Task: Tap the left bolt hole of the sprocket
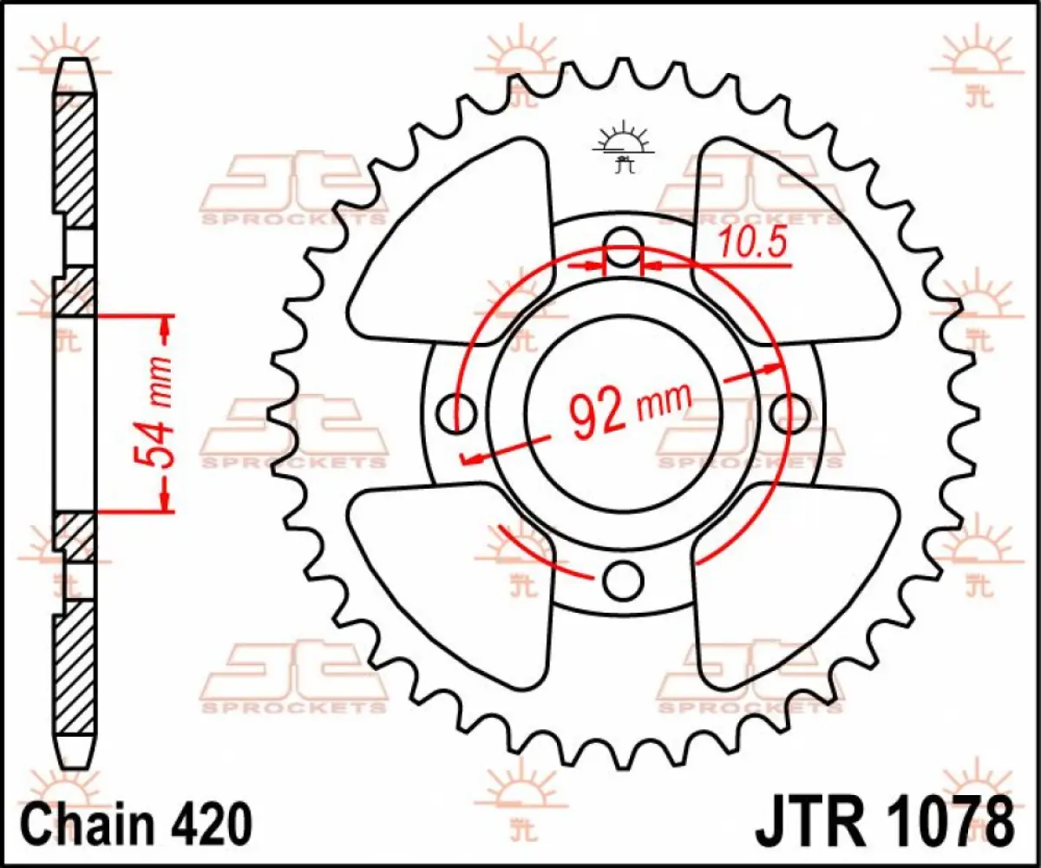(457, 413)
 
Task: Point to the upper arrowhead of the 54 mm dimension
(165, 326)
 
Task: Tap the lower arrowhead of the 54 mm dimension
(165, 499)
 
